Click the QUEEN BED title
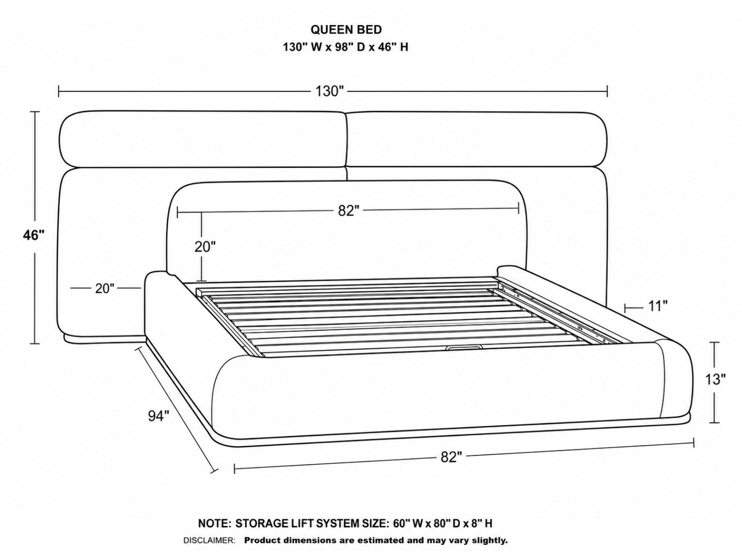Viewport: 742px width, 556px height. click(346, 30)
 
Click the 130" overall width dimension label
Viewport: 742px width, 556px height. click(330, 91)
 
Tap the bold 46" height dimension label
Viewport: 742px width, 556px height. click(34, 235)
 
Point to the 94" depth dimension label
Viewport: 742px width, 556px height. click(159, 416)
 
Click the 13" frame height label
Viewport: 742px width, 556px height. click(715, 380)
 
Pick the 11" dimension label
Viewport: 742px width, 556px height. click(658, 307)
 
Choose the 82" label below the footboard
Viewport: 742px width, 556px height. click(451, 458)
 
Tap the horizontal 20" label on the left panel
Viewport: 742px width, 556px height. click(105, 289)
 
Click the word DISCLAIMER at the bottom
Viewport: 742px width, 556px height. click(209, 541)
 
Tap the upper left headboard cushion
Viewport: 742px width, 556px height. click(203, 139)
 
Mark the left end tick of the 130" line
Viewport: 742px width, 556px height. click(59, 91)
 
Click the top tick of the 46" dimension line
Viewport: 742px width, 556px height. click(35, 112)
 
